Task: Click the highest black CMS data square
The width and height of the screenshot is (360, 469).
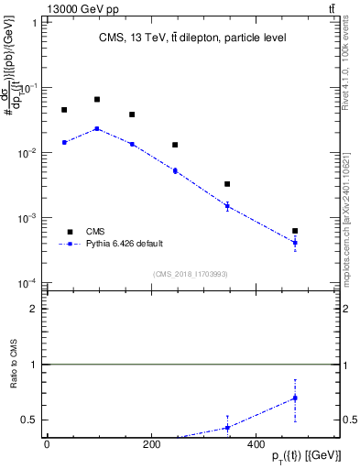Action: tap(97, 99)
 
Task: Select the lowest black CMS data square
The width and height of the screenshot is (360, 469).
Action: tap(295, 231)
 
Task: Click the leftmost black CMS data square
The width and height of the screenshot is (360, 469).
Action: tap(64, 110)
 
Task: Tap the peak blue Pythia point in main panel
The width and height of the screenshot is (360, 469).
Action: tap(97, 128)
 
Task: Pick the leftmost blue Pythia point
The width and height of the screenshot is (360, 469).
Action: tap(64, 142)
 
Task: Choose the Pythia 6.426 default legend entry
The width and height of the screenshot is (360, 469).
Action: tap(125, 244)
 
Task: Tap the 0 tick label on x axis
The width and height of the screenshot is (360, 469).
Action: tap(47, 443)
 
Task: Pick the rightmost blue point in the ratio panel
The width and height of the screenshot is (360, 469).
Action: tap(295, 398)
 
